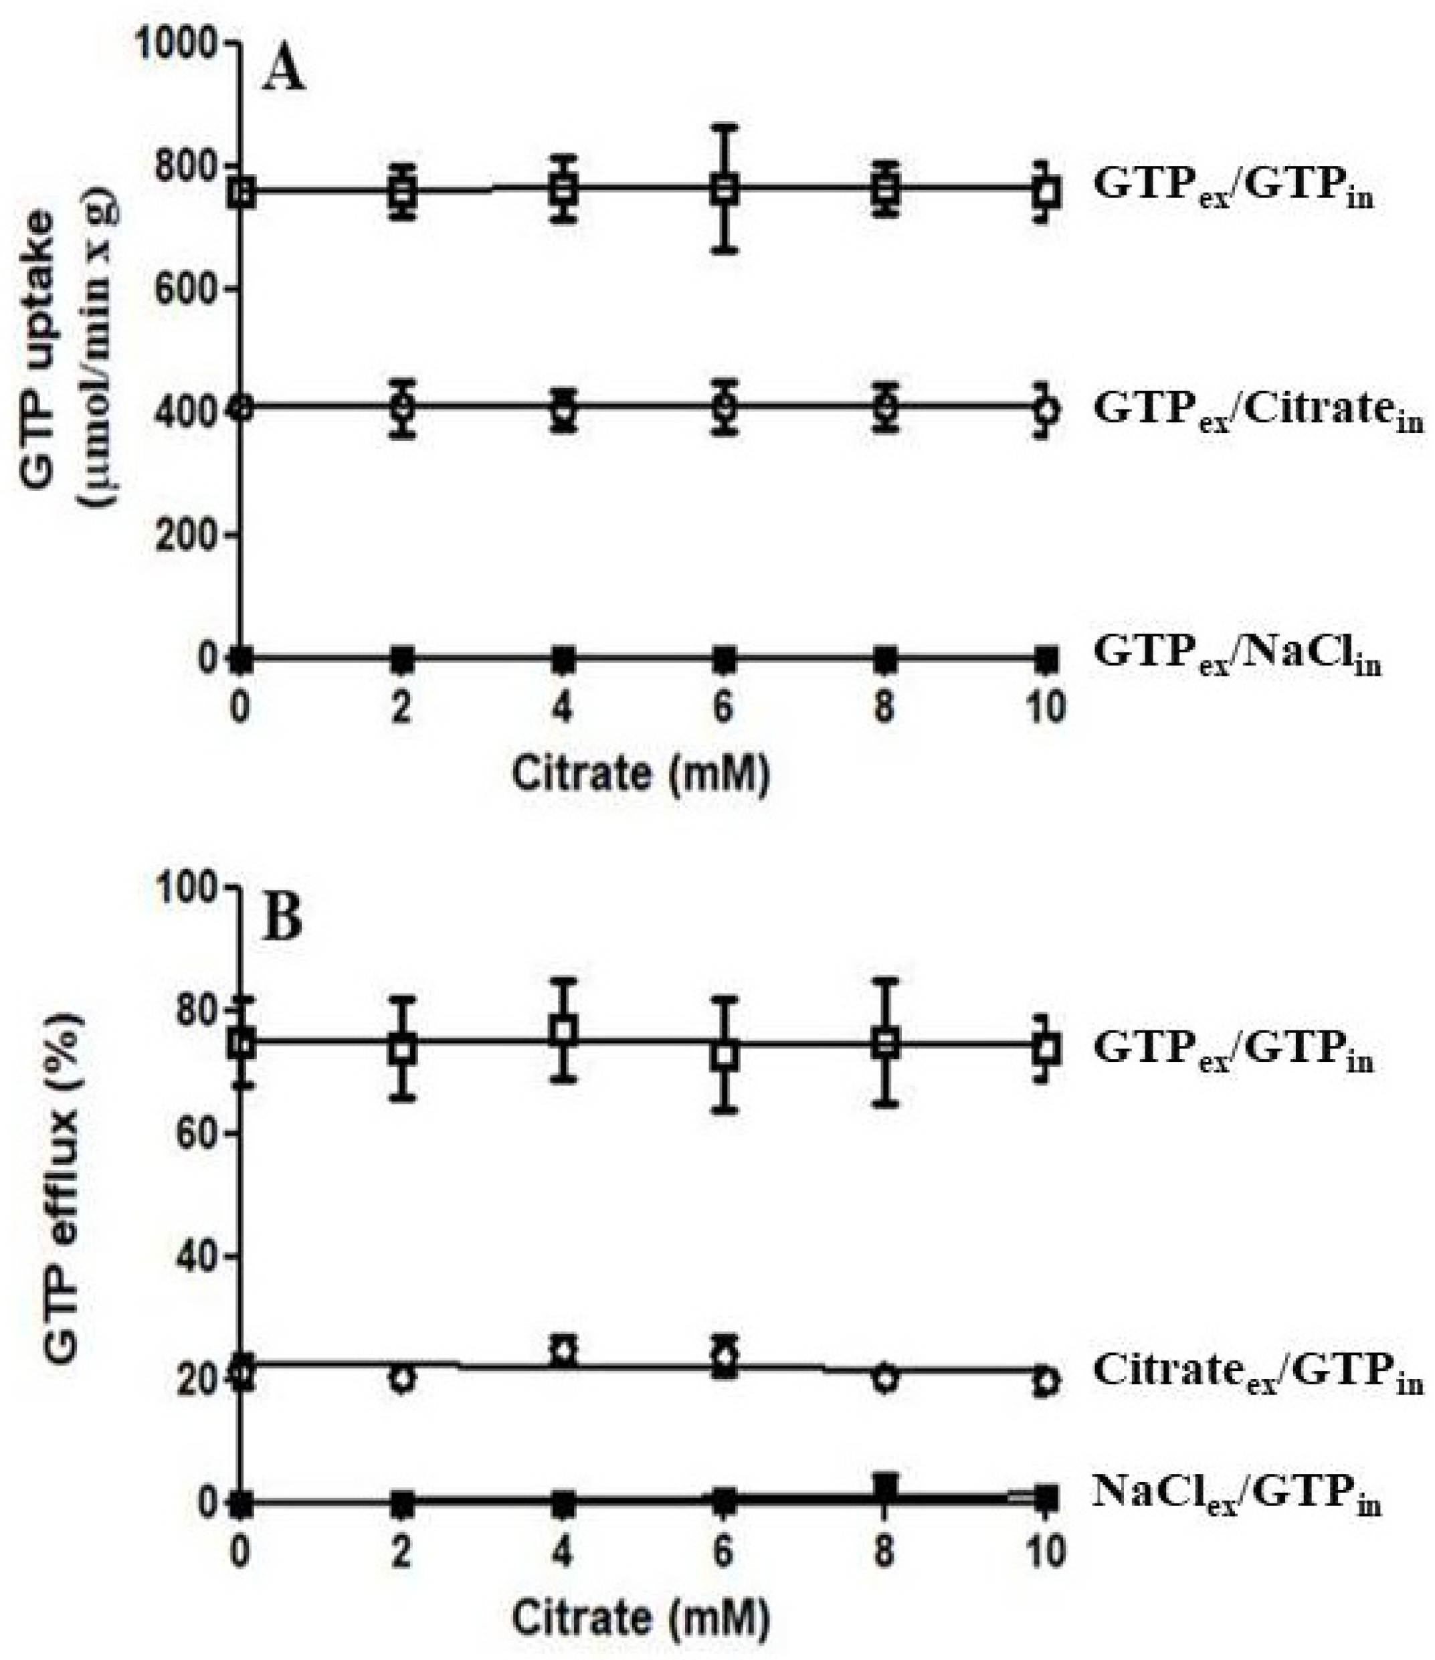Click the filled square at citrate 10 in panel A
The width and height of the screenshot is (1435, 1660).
[1046, 659]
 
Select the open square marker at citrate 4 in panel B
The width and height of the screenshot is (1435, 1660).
[564, 1031]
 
